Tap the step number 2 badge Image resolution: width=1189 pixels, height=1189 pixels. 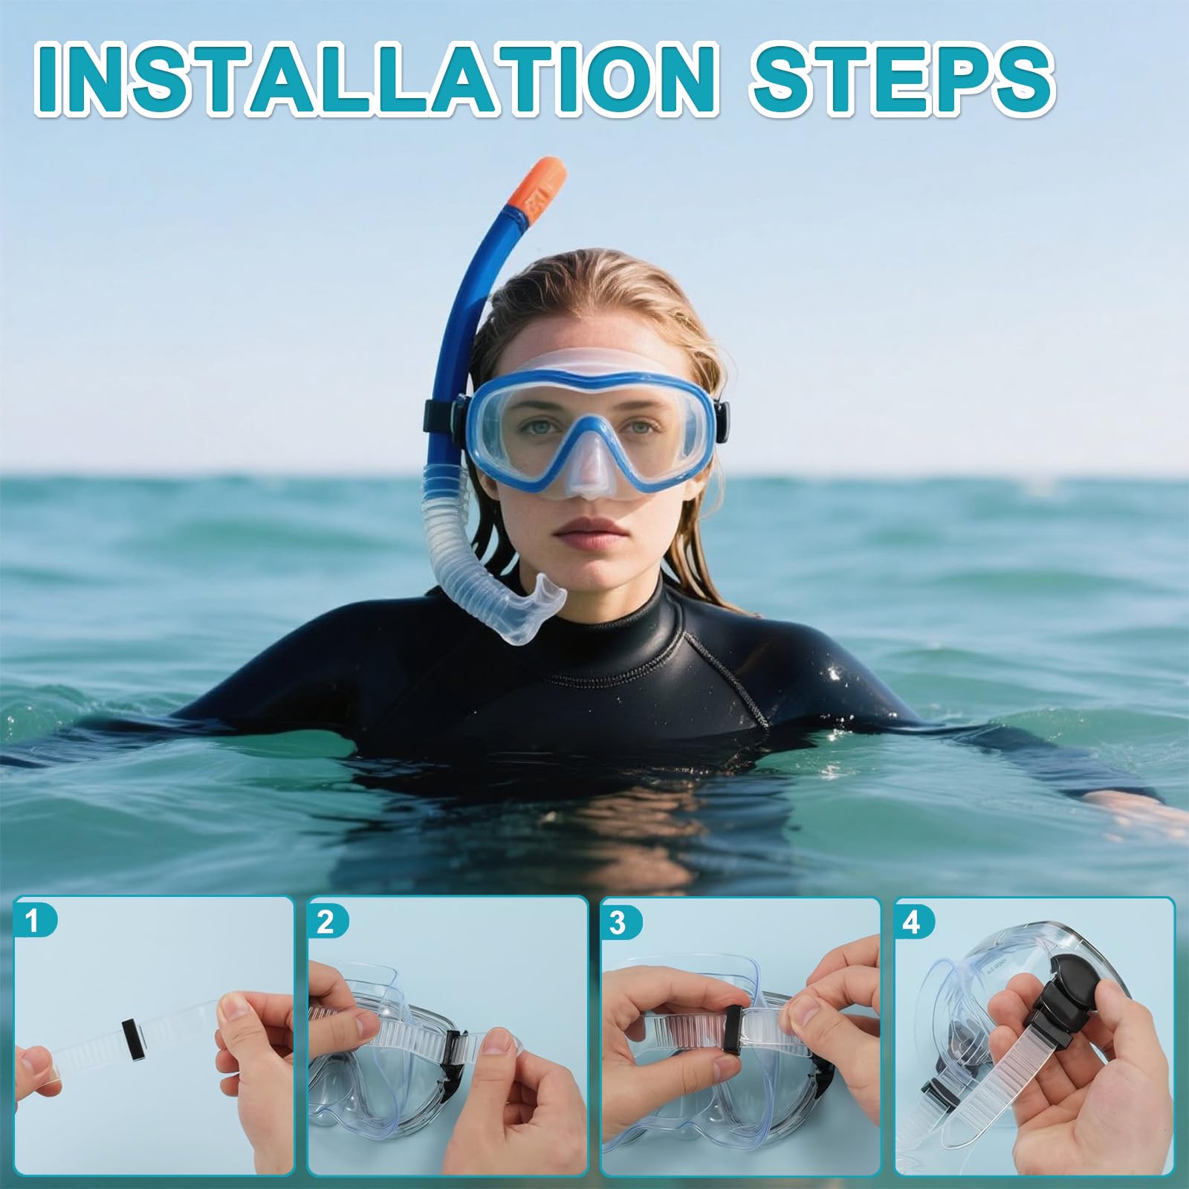click(x=325, y=922)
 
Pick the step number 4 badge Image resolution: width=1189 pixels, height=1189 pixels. click(x=911, y=922)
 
